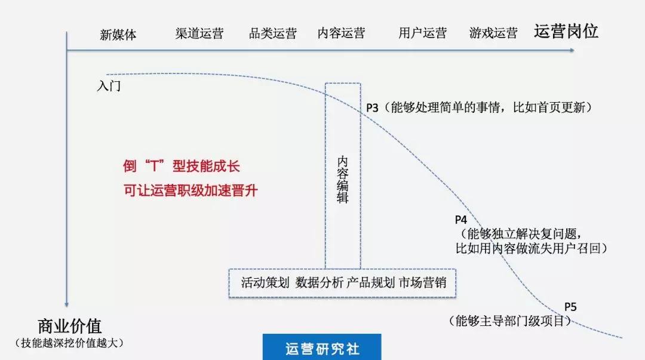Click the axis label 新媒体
tap(118, 35)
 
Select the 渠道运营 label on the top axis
tap(199, 33)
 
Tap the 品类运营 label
tap(273, 33)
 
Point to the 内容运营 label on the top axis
tap(341, 33)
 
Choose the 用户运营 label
tap(422, 33)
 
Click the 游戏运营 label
tap(493, 33)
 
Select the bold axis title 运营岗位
tap(566, 32)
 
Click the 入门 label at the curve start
tap(109, 86)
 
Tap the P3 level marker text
tap(372, 108)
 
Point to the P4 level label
tap(461, 219)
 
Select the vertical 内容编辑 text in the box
tap(343, 180)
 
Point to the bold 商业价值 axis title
tap(70, 326)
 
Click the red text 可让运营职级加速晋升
tap(191, 191)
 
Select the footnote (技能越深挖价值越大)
tap(70, 343)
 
